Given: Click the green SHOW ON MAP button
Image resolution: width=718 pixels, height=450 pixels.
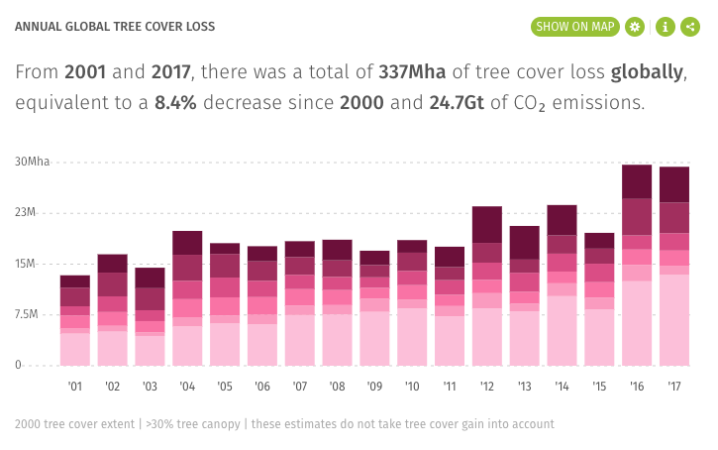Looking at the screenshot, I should coord(573,27).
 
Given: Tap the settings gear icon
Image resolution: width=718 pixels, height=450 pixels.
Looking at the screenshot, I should coord(635,27).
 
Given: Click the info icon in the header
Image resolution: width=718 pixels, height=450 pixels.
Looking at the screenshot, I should coord(665,27).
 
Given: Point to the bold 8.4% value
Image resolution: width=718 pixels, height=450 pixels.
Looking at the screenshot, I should coord(176,102).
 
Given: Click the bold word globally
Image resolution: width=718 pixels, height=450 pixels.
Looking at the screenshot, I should coord(649,72).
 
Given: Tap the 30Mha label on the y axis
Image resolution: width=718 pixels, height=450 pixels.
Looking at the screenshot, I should coord(32,162).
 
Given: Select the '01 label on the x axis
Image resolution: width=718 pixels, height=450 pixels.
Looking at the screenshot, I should coord(74,386).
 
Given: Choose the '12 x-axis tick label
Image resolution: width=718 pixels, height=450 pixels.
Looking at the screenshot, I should coord(486,386).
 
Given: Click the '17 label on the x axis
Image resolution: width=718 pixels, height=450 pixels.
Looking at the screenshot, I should coord(674,386).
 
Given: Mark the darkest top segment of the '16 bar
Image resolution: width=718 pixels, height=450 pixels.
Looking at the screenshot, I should coord(637,181).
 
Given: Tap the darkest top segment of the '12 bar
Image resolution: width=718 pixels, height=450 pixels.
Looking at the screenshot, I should coord(486,224).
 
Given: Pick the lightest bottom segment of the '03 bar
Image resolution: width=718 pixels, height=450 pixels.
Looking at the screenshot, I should coord(150,351).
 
